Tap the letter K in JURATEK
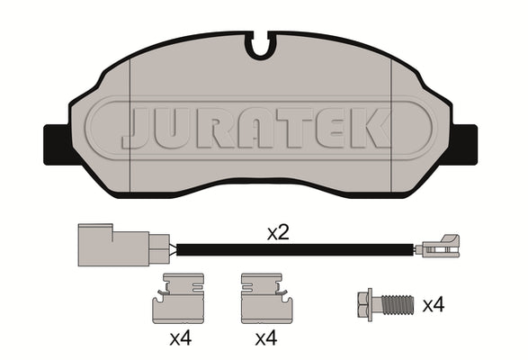[370, 129]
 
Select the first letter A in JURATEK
[255, 129]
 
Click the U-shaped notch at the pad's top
[260, 47]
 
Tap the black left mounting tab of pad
[58, 145]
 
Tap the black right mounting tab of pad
[464, 145]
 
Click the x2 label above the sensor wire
[278, 233]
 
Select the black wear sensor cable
[295, 250]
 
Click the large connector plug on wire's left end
[123, 245]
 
